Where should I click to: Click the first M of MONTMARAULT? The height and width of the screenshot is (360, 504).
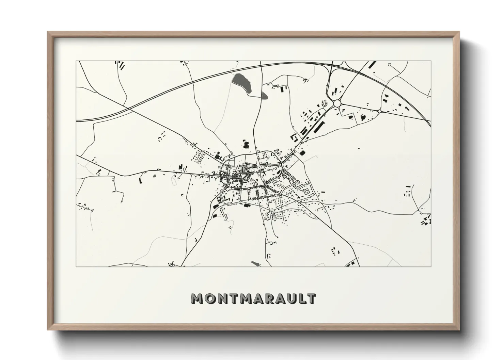197,298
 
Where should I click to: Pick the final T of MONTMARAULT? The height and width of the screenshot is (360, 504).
311,298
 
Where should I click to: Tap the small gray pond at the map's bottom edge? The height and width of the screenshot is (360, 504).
255,263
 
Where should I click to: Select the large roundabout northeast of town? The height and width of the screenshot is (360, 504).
337,103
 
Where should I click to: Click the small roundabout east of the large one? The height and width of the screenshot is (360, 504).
379,111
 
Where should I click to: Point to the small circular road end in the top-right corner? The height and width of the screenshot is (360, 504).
389,64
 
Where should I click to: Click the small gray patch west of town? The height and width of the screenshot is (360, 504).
154,176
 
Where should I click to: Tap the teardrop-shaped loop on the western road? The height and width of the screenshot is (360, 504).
185,169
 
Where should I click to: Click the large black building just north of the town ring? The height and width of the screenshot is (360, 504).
247,144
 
